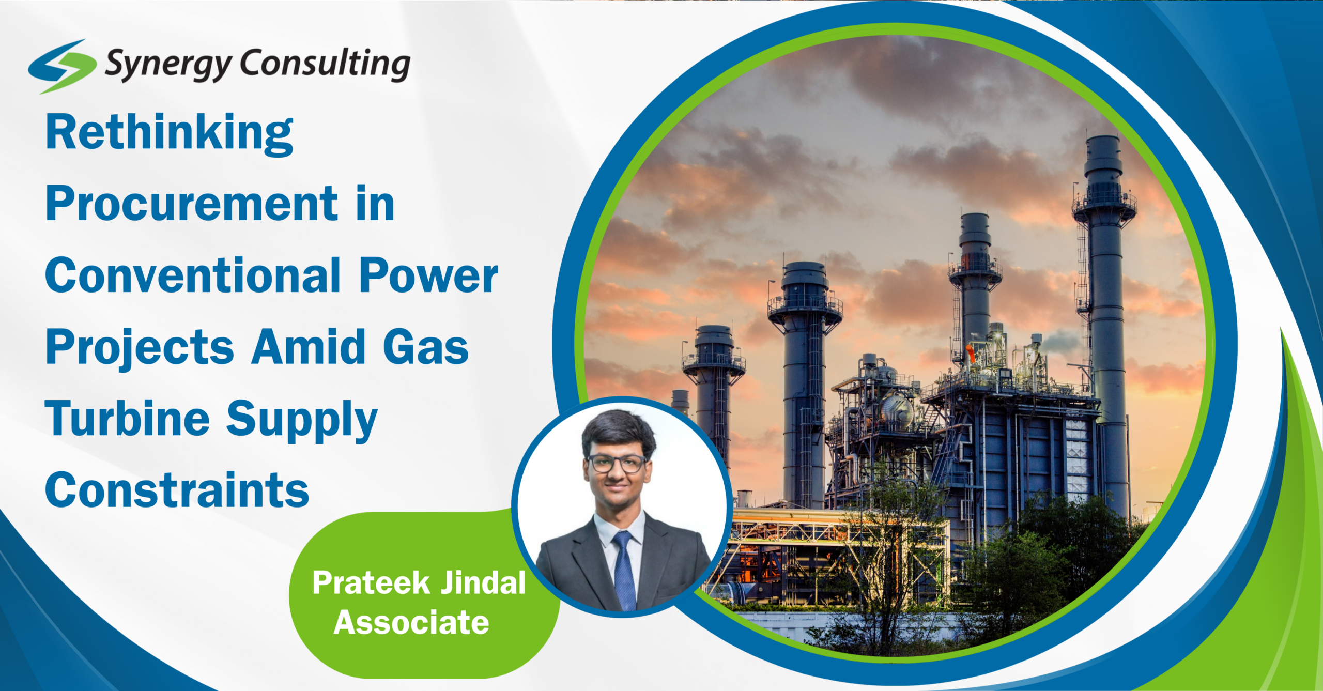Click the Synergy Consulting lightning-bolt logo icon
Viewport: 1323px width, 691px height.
[62, 66]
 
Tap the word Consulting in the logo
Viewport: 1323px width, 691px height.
[325, 64]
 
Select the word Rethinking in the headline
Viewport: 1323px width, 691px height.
[170, 134]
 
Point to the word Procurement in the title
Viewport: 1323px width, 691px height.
[192, 204]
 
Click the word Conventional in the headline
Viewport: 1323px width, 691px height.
[193, 275]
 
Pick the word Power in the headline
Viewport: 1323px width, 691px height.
[428, 276]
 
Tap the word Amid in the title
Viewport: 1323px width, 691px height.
[309, 346]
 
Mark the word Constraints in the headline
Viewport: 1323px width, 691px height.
[177, 489]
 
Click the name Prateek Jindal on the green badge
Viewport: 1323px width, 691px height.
[419, 583]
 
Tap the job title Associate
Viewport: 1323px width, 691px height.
[411, 622]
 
